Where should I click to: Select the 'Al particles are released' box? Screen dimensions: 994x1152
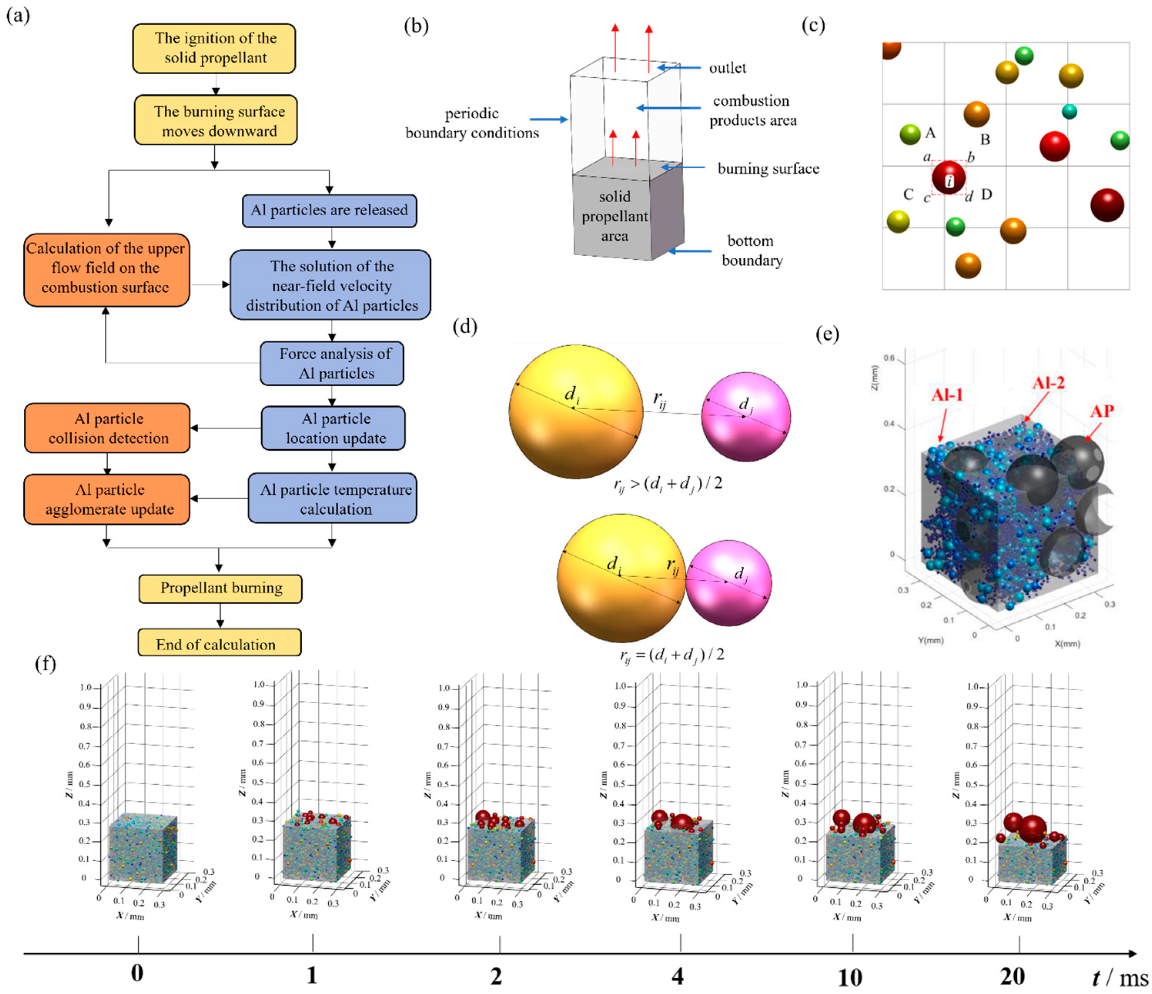(x=329, y=210)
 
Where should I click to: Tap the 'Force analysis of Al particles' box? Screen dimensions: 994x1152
(x=332, y=363)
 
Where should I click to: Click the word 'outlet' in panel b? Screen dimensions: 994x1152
(x=727, y=68)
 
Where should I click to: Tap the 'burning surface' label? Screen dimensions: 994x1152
(x=768, y=169)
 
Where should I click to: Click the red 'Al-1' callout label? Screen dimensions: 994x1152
(x=946, y=395)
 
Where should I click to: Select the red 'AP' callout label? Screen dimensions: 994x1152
(x=1102, y=411)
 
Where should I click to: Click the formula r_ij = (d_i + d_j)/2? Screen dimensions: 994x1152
(x=672, y=654)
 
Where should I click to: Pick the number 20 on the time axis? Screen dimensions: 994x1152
(x=1012, y=976)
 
